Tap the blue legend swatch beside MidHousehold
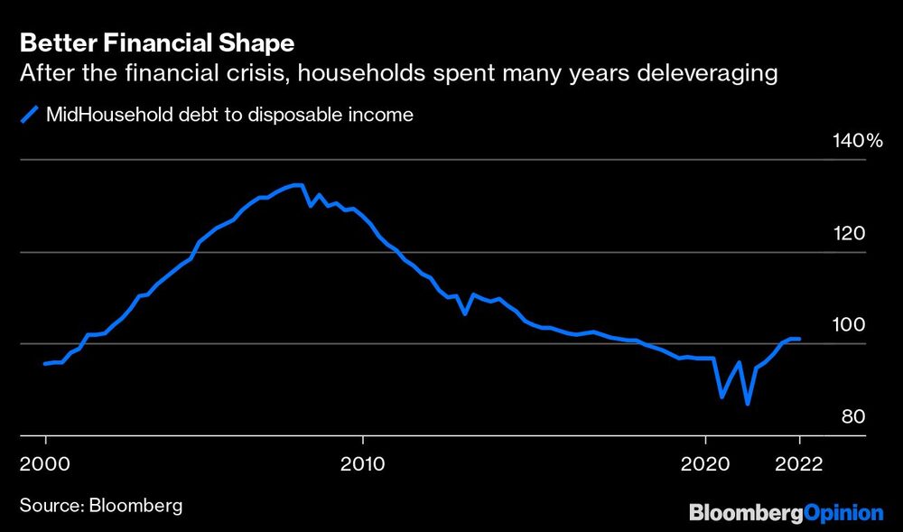[29, 115]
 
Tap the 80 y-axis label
[853, 416]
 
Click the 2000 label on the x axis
[45, 464]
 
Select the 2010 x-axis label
[362, 464]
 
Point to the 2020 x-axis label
[704, 464]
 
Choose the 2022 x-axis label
[799, 464]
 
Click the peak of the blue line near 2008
[299, 185]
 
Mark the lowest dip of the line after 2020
[748, 404]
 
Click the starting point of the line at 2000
[45, 364]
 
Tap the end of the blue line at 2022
[799, 339]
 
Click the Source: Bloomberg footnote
[99, 505]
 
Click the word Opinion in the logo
[842, 512]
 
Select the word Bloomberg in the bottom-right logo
[746, 512]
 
